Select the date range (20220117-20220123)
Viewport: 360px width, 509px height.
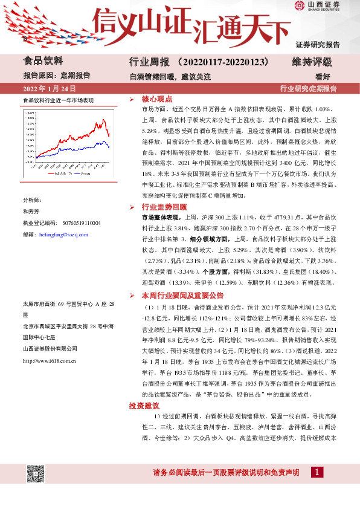[x=223, y=62]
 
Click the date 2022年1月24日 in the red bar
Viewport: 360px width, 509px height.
[x=50, y=89]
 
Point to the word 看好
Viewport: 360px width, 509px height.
[x=323, y=76]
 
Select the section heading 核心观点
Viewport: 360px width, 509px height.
[x=157, y=98]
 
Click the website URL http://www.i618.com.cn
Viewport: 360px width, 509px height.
[x=49, y=360]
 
